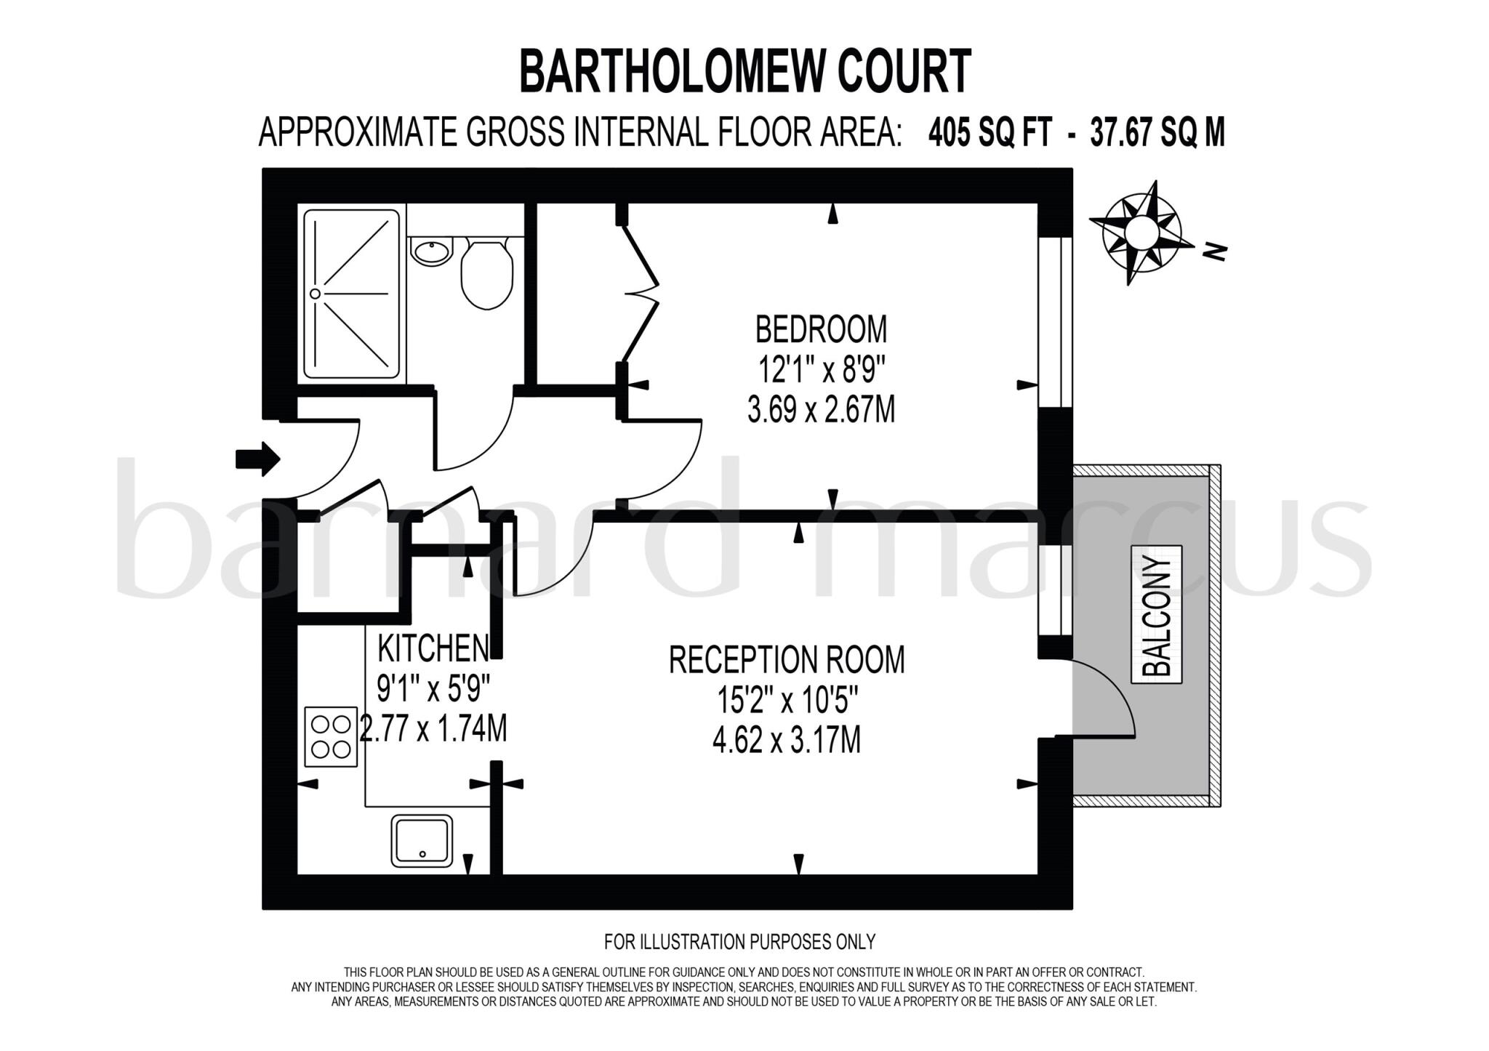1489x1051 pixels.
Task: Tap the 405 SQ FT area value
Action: click(990, 133)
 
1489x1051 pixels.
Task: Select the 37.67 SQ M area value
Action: click(1157, 133)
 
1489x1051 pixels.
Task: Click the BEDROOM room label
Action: click(821, 329)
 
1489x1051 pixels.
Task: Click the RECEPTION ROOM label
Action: click(787, 660)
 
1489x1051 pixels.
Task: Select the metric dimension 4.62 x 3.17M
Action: click(787, 742)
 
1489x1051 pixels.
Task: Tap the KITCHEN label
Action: click(433, 648)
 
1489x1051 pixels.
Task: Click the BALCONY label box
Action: click(1157, 614)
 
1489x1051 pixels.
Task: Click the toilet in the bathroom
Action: click(486, 274)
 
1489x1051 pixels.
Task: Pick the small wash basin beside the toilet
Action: click(431, 251)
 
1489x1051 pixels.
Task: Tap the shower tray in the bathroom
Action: click(352, 294)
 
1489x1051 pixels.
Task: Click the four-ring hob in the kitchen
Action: click(332, 736)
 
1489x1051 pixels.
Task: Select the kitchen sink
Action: click(422, 840)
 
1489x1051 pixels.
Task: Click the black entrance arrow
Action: click(257, 459)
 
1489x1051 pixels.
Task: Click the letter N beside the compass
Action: click(1214, 252)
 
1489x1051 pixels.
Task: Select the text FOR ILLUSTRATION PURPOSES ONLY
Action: click(739, 942)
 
